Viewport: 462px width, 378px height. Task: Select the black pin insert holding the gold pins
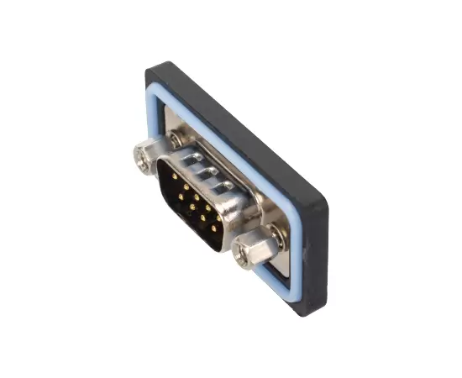coord(190,202)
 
